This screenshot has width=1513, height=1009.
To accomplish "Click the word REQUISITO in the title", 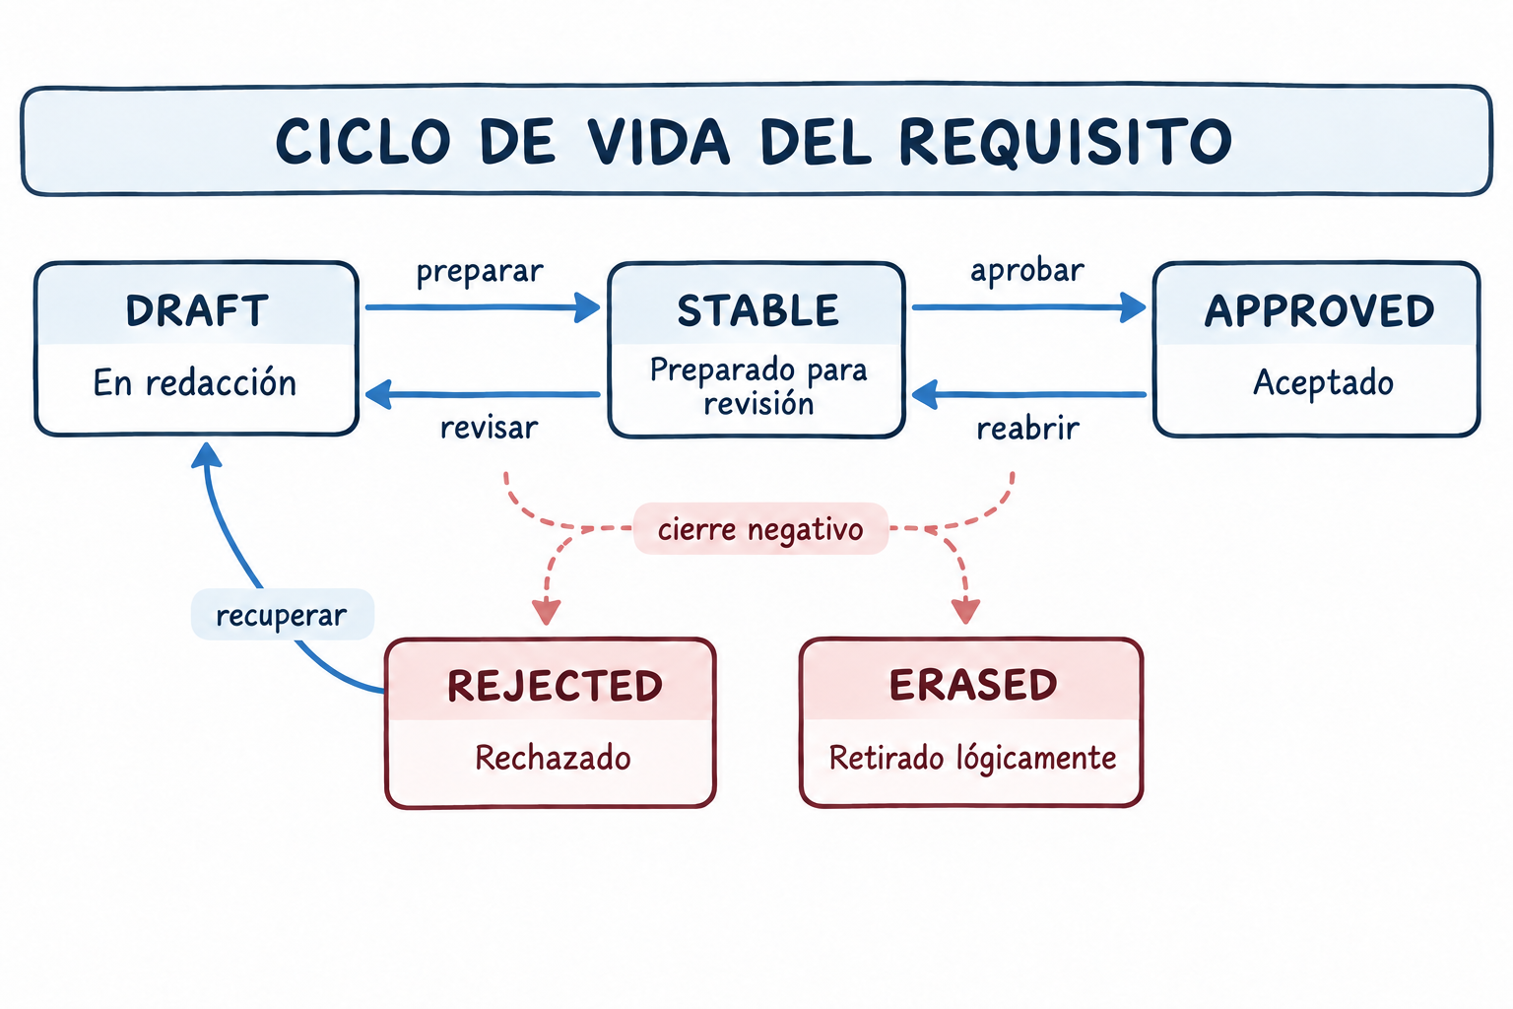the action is (x=1066, y=142).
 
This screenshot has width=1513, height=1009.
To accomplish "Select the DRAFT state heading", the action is (x=197, y=310).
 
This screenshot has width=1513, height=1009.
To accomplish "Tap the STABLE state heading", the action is (x=757, y=310).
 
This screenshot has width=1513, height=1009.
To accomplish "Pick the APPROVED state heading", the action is (x=1319, y=310).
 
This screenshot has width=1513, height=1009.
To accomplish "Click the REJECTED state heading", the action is (x=555, y=686).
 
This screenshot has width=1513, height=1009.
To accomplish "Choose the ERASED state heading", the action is (x=972, y=685).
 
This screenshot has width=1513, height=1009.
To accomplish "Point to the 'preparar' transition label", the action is (x=480, y=272).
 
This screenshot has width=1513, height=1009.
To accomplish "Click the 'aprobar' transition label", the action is (x=1027, y=270).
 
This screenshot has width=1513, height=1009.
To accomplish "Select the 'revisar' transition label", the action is (x=489, y=428).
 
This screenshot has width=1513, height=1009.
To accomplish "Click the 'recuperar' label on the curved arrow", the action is (x=282, y=615).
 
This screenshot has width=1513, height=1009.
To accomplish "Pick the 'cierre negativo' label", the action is (x=760, y=529).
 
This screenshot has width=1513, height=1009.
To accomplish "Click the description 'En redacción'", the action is (x=194, y=382).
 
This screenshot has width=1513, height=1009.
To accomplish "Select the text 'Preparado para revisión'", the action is (x=758, y=386).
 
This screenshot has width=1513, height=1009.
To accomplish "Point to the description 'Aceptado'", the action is (x=1323, y=382).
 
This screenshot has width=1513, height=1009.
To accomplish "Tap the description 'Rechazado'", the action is (x=553, y=758).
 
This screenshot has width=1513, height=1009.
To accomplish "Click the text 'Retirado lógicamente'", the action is (x=972, y=759).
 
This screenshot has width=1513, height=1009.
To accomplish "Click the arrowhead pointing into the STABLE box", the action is (x=587, y=307).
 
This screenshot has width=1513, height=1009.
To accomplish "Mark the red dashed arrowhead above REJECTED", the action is (x=547, y=611).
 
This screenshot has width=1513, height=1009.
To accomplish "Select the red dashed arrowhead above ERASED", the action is (x=966, y=610).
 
